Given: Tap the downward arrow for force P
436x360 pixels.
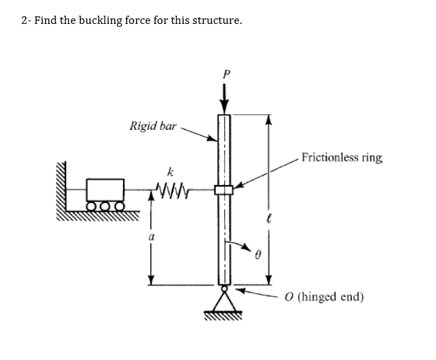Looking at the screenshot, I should (x=224, y=97).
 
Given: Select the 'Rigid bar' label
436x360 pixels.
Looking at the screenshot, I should (x=153, y=126).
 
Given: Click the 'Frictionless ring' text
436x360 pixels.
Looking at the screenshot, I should (x=342, y=158).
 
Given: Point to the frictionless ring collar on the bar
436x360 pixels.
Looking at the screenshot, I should (x=224, y=189).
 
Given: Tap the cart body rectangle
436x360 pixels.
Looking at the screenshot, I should (x=106, y=189).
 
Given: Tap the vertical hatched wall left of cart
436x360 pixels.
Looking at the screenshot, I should (x=67, y=184).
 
